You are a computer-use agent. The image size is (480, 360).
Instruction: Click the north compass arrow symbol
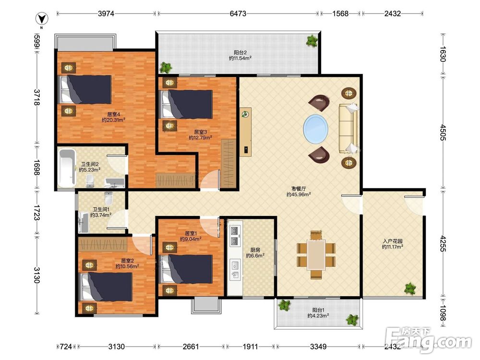pos(42,19)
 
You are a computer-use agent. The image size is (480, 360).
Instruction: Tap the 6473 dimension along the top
pos(238,13)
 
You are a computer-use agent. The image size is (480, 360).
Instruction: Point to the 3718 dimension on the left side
pos(37,97)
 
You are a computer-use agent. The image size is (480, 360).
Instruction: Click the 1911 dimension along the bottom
pos(250,347)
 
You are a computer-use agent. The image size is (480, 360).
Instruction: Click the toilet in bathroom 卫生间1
pos(108,198)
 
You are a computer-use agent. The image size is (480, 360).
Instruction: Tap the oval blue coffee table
pos(316,129)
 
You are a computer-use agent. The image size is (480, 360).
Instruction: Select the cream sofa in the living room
pos(348,128)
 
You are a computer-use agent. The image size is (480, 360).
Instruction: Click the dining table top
pos(316,255)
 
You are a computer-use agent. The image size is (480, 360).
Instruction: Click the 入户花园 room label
pos(393,241)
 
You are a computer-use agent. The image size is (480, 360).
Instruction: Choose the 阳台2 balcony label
pos(240,52)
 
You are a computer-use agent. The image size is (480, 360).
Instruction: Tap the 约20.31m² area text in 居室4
pos(114,120)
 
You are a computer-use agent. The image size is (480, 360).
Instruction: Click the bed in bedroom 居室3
pos(187,104)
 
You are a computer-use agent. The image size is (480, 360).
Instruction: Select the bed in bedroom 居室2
pos(106,287)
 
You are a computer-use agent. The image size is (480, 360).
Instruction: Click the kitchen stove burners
pos(235,236)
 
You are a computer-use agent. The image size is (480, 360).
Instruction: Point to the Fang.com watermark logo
pos(429,340)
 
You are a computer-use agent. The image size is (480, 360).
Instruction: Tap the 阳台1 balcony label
pos(318,310)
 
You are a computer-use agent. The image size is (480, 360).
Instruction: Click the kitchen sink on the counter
pos(235,264)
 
